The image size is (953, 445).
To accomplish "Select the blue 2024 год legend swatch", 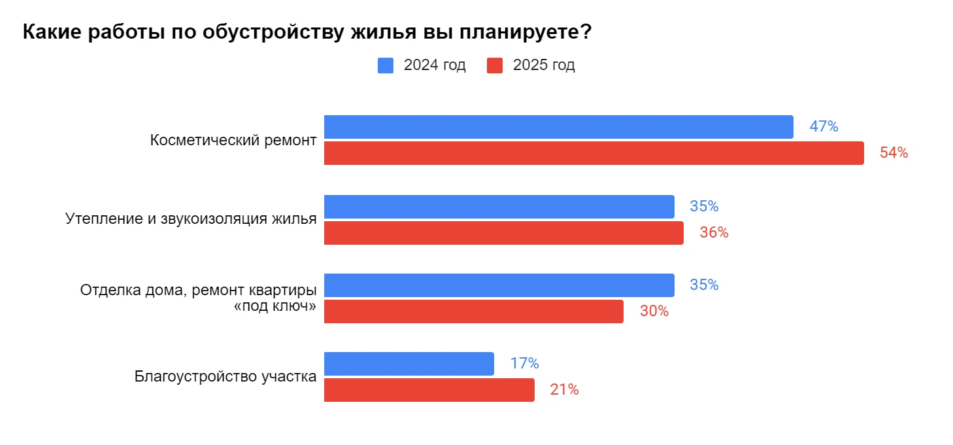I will pyautogui.click(x=386, y=65).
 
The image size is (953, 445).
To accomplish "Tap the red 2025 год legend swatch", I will pyautogui.click(x=495, y=65).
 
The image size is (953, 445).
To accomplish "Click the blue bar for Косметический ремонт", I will pyautogui.click(x=558, y=127).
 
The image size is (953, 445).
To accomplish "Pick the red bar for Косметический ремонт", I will pyautogui.click(x=594, y=153).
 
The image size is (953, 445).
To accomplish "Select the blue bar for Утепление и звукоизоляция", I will pyautogui.click(x=499, y=207).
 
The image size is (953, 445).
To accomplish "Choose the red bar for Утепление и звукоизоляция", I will pyautogui.click(x=503, y=233).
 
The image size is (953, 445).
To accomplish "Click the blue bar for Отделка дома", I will pyautogui.click(x=499, y=285).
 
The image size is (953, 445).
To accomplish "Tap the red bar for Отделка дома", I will pyautogui.click(x=473, y=311).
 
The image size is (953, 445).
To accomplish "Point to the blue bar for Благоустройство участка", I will pyautogui.click(x=409, y=364).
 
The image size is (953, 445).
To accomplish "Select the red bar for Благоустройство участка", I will pyautogui.click(x=429, y=390).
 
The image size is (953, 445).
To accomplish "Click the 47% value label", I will pyautogui.click(x=824, y=127).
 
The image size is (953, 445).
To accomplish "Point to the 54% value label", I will pyautogui.click(x=894, y=153).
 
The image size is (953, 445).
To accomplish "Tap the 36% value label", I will pyautogui.click(x=714, y=233).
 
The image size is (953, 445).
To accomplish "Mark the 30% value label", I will pyautogui.click(x=654, y=311).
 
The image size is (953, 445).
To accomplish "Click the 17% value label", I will pyautogui.click(x=524, y=364).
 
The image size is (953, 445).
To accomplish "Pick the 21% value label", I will pyautogui.click(x=564, y=390).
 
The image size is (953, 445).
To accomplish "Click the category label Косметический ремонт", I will pyautogui.click(x=233, y=141).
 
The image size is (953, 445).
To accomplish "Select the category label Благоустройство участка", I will pyautogui.click(x=226, y=377).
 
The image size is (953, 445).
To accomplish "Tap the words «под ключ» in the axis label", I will pyautogui.click(x=275, y=306).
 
